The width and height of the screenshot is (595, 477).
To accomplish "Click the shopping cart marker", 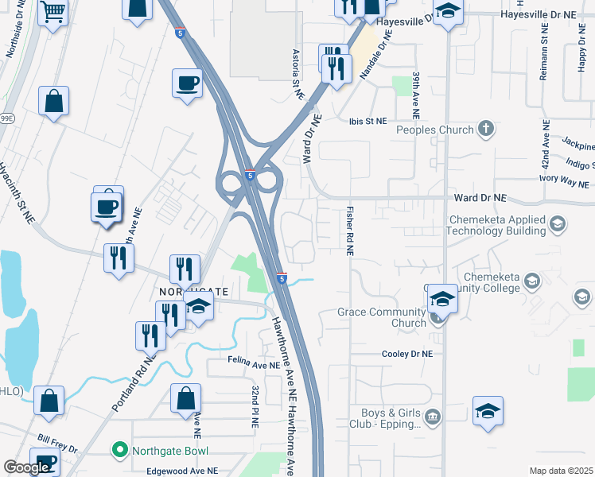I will point(53,13).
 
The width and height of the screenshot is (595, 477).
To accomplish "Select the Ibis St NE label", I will point(367,121).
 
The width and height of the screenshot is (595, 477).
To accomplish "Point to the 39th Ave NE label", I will point(416,90).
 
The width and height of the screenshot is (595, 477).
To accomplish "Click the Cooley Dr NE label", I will point(407,354).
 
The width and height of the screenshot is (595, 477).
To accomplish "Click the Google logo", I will point(26,467).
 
